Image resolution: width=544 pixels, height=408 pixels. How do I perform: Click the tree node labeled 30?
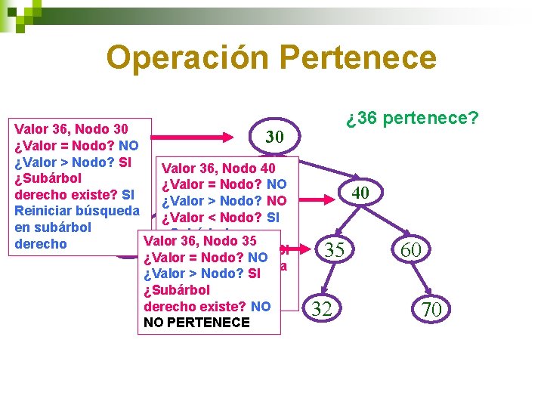coord(274,137)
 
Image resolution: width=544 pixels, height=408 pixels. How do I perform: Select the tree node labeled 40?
coord(360,193)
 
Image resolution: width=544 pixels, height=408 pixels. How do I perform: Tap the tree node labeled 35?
coord(334,249)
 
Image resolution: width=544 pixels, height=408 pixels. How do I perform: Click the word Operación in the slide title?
coord(187,57)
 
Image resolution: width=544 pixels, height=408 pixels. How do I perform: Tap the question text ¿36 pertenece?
coord(413,119)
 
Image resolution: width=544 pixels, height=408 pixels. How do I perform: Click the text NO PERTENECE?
coord(195,323)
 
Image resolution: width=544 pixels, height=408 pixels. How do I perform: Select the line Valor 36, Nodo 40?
coord(219,168)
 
